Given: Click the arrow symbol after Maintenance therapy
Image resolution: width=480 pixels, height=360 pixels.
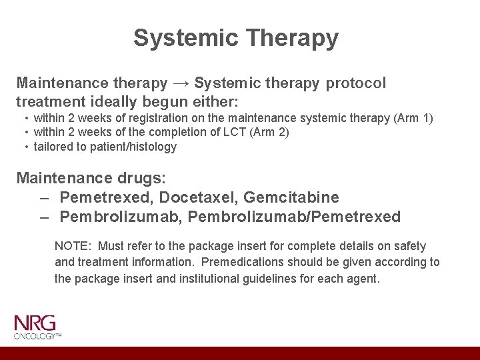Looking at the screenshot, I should [x=181, y=83].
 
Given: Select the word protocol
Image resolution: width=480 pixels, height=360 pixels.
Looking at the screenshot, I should [x=356, y=83].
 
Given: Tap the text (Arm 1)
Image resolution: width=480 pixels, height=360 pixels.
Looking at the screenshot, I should [x=413, y=119].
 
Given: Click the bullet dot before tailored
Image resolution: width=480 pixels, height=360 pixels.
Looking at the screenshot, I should [x=25, y=147].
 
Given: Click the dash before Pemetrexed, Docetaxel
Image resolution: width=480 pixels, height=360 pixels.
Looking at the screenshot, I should [x=44, y=197].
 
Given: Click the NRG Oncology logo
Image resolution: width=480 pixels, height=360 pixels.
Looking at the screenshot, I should [x=37, y=327].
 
